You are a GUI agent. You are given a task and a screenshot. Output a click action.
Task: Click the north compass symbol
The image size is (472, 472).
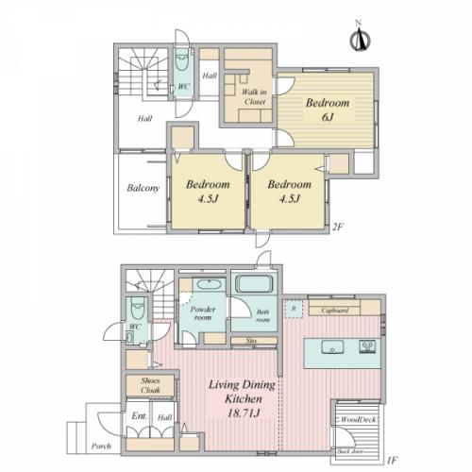point(359,40)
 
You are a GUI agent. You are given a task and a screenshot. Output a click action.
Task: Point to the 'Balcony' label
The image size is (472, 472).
point(142,187)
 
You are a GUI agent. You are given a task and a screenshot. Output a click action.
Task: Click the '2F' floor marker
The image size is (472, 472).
point(338,228)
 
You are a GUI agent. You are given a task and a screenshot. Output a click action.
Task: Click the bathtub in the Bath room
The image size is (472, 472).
point(252,284)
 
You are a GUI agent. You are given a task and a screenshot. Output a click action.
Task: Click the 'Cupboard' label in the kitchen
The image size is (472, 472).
point(335,310)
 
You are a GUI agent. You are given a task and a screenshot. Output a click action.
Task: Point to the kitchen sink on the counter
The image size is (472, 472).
point(332,347)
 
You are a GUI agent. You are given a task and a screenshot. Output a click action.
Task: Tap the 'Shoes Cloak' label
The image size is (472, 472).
point(151,386)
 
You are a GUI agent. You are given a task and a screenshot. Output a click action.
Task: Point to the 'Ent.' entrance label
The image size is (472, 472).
point(139,414)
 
